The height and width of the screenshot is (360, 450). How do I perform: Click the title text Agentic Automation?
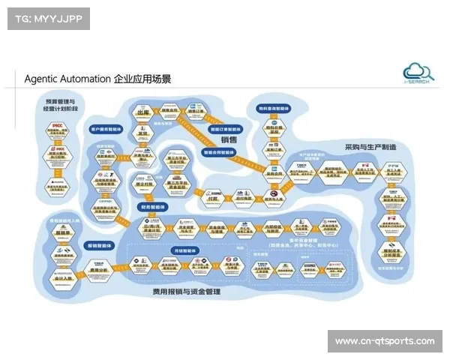tap(67, 78)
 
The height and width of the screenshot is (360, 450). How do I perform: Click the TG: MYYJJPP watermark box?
tap(47, 19)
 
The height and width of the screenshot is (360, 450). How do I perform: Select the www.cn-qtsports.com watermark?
tap(384, 341)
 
